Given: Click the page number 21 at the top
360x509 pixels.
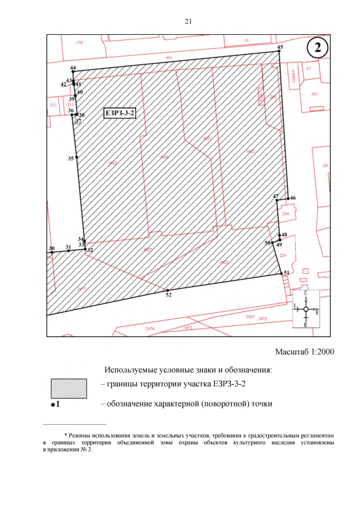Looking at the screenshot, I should [x=188, y=21].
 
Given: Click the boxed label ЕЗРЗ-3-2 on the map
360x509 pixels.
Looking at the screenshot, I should [x=120, y=114].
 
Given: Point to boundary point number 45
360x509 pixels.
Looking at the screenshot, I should [x=278, y=52].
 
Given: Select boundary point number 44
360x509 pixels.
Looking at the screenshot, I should [x=74, y=71].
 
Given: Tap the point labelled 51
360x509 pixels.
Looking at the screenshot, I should [x=282, y=274].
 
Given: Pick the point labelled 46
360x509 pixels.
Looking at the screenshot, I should [x=287, y=199].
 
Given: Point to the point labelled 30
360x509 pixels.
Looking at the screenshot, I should [x=52, y=253].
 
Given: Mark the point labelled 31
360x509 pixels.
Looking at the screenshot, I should [x=69, y=251].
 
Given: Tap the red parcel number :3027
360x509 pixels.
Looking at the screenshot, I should [x=147, y=249].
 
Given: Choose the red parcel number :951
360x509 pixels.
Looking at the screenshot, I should [x=169, y=58].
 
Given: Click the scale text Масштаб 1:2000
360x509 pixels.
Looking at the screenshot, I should [x=304, y=352].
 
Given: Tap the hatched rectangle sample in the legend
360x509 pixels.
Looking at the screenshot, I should [x=69, y=388].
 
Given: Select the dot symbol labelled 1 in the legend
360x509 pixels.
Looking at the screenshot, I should [x=52, y=404].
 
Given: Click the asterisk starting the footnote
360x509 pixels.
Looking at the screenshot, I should [x=66, y=435].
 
